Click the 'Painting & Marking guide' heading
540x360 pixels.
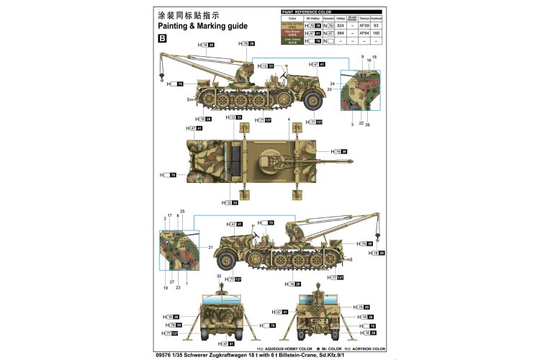(x=202, y=25)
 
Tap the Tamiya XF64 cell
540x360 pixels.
(x=353, y=33)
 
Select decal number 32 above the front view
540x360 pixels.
(x=219, y=276)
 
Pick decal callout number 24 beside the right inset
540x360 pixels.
(x=333, y=84)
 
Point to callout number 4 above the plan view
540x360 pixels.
(x=289, y=119)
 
